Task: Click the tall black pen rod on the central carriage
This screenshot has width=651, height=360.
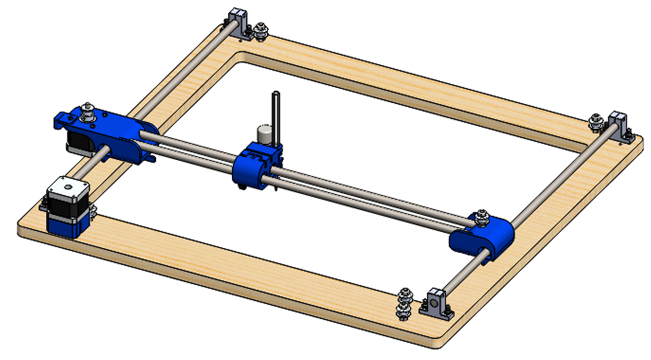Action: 274,114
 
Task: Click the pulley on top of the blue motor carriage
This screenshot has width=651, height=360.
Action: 88,111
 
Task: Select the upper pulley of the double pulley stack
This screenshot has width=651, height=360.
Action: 403,295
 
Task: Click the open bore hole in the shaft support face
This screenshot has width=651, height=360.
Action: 433,305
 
